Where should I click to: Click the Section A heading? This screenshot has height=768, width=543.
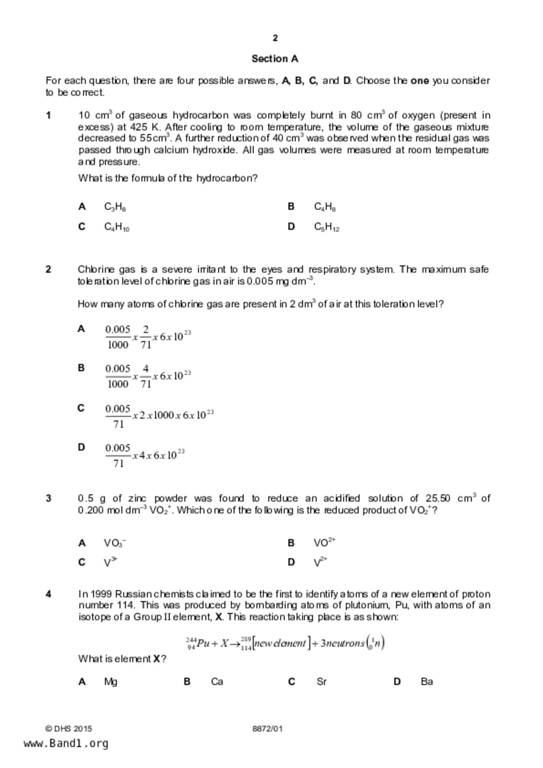275,59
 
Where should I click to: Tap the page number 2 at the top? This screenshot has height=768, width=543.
275,38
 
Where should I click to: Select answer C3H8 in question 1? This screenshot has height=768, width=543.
115,207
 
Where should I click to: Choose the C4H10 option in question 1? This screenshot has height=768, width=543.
117,227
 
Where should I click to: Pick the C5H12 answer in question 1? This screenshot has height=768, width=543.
327,227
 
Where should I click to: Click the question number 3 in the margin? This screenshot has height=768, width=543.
49,498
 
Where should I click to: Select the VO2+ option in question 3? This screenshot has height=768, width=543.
324,543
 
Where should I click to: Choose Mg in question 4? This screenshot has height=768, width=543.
110,681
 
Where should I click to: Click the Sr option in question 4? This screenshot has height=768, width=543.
322,681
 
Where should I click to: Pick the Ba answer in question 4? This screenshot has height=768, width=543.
426,681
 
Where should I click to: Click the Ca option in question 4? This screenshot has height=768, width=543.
217,681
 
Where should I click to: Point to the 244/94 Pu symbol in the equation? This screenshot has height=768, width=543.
197,644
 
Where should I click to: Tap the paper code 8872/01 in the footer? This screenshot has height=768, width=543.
267,729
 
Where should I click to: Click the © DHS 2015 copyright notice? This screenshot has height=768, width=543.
68,729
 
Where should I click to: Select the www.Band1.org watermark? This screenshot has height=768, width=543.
66,743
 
